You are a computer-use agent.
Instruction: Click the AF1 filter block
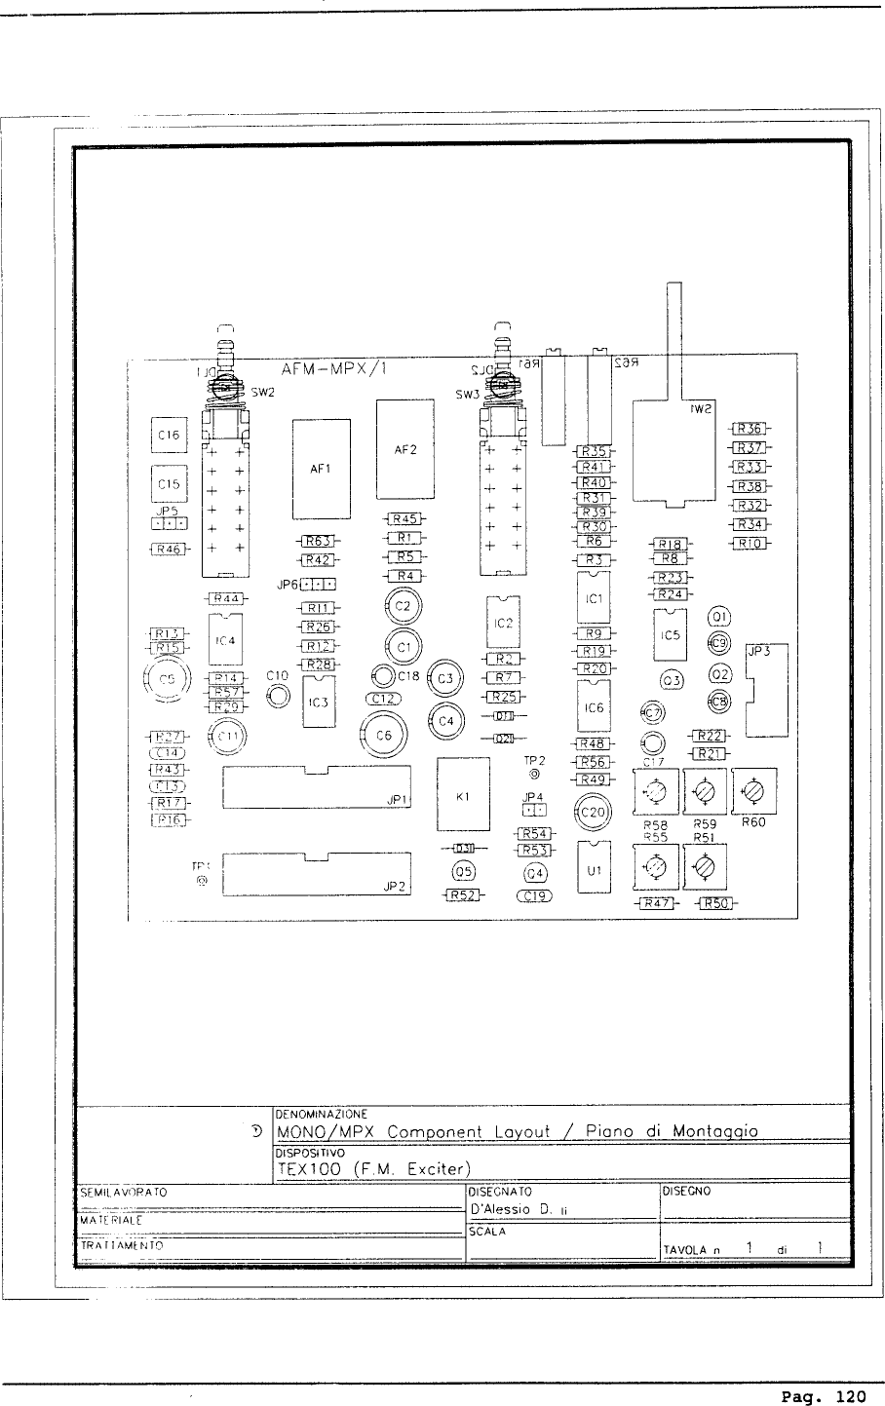coord(322,469)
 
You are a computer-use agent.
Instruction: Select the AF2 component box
coord(405,450)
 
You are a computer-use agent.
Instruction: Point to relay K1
coord(464,796)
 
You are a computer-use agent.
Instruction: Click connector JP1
coord(318,787)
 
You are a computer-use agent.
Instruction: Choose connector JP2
coord(318,873)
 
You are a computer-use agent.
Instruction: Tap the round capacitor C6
coord(384,736)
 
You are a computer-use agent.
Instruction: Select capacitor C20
coord(593,812)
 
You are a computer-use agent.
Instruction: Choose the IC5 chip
coord(669,635)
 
